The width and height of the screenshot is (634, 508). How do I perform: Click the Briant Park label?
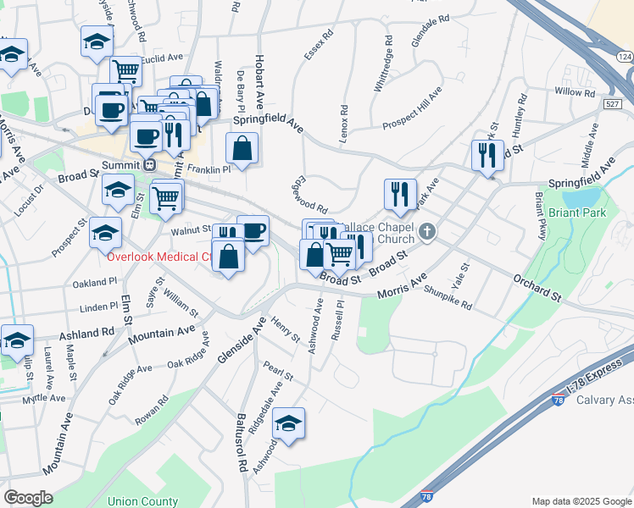578,213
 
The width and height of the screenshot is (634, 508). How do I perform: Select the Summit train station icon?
149,165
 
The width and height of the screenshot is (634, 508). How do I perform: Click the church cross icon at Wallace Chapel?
428,230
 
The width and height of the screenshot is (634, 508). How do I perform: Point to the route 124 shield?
624,56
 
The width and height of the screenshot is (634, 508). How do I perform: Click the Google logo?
29,497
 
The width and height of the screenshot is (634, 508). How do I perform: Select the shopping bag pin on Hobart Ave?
242,149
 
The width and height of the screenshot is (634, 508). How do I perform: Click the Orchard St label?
537,288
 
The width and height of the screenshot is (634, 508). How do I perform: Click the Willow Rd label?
575,91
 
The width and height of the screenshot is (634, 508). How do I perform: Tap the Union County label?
143,500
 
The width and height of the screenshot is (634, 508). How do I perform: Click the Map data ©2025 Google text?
580,501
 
